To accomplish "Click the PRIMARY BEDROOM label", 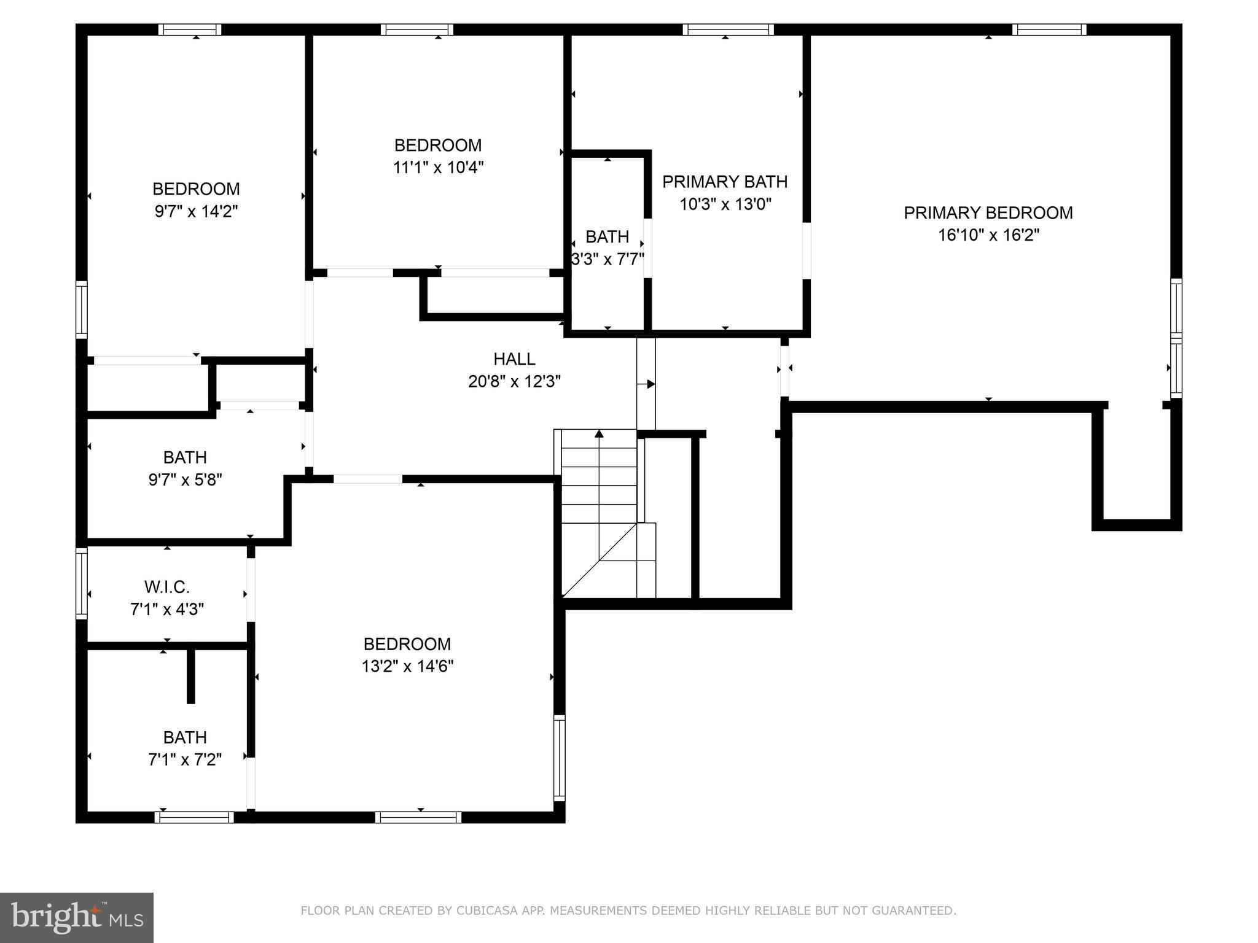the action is tap(988, 213).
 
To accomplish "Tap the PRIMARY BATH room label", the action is tap(725, 182).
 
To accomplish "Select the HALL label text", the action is tap(514, 359).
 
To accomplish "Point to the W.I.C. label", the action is tap(167, 588).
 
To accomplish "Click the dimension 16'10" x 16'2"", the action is tap(988, 235).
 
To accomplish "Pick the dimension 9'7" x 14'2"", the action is tap(196, 212).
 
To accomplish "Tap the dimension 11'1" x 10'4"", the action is tap(438, 168).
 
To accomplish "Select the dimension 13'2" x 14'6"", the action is tap(407, 666).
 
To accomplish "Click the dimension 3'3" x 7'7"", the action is tap(608, 259).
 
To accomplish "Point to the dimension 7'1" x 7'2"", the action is tap(185, 759).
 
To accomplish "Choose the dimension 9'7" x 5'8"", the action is tap(185, 479).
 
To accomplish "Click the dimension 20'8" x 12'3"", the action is tap(515, 382).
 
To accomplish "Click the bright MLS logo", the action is tap(77, 918).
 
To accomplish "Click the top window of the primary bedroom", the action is tap(1049, 29).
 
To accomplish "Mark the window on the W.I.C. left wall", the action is tap(82, 583).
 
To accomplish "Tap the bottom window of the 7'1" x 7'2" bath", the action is tap(194, 817).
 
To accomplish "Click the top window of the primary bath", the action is tap(728, 29).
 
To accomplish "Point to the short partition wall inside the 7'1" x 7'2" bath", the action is tap(190, 675).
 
